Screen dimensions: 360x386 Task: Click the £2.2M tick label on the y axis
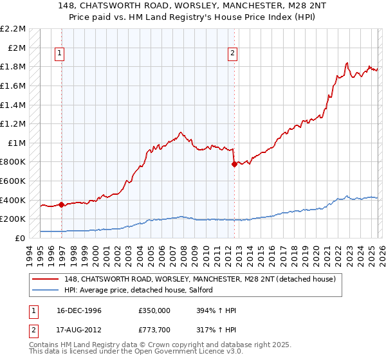click(x=13, y=29)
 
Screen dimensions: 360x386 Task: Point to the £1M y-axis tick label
click(x=16, y=143)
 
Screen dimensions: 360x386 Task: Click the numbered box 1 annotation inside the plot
click(x=59, y=54)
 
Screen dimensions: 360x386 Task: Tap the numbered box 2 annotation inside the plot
click(x=232, y=54)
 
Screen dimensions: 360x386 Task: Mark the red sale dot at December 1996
click(x=62, y=205)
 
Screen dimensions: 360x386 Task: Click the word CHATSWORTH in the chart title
click(x=156, y=6)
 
